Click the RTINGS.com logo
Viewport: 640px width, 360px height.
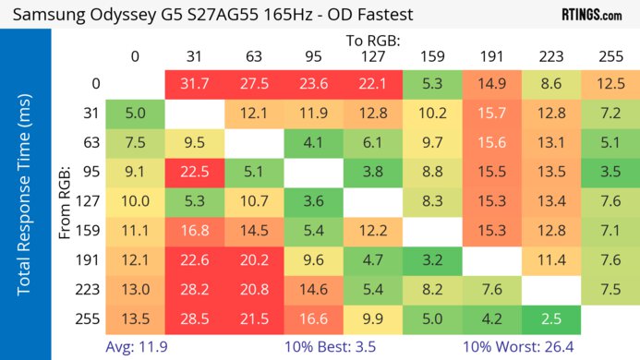tap(591, 15)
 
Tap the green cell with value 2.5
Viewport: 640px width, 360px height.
tap(550, 319)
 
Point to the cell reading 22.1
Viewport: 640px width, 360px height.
tap(372, 84)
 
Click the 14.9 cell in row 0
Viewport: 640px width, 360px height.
tap(491, 84)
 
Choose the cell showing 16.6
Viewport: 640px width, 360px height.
tap(313, 319)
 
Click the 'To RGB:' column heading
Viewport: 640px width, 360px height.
tap(372, 41)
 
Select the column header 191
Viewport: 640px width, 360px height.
tap(491, 56)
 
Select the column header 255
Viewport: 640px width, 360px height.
tap(610, 56)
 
